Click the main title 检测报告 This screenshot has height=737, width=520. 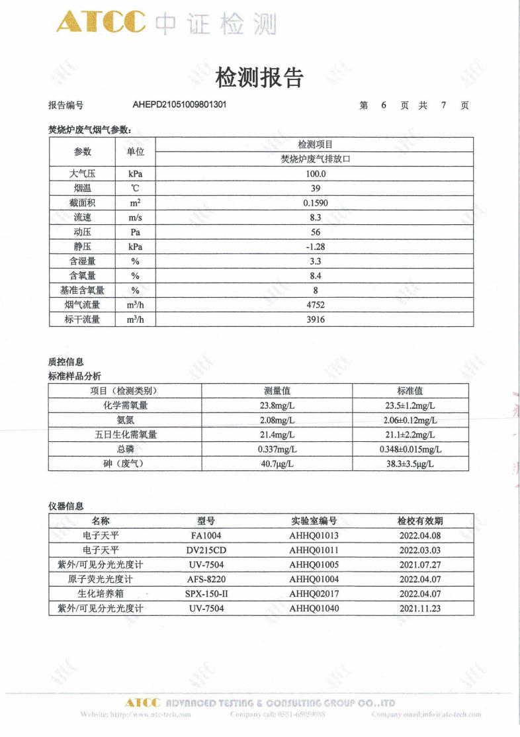(259, 78)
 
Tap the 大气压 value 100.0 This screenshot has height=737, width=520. (314, 174)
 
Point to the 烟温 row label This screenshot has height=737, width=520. (83, 189)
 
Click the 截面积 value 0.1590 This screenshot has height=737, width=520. (314, 203)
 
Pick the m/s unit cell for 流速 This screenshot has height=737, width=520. (135, 218)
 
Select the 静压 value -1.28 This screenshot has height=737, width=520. (314, 247)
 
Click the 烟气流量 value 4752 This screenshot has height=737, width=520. (314, 305)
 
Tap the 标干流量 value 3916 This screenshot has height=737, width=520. (314, 320)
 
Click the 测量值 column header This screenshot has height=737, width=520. (277, 391)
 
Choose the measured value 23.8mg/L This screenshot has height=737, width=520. (277, 406)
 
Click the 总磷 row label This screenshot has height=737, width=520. (124, 449)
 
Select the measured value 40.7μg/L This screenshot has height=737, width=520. (277, 464)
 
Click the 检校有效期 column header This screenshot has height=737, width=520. (420, 521)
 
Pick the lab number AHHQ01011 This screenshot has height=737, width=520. (314, 550)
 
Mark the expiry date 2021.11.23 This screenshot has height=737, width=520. (420, 608)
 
